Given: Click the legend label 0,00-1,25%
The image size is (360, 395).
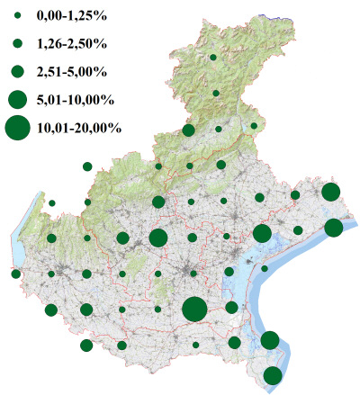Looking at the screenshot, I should tap(71, 15).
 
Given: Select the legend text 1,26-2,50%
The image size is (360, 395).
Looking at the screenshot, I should tap(71, 43).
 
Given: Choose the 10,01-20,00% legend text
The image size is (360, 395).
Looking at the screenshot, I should tap(79, 128).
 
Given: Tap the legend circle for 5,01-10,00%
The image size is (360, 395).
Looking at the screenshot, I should tap(16, 98).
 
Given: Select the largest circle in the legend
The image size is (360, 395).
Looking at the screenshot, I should tap(16, 128).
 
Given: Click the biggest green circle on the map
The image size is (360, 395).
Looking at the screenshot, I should tap(194, 310).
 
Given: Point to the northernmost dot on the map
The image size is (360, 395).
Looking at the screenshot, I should tap(213, 57).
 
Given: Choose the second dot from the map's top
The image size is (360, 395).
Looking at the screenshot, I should tap(216, 93).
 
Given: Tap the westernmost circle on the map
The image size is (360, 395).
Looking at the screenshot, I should tap(15, 274).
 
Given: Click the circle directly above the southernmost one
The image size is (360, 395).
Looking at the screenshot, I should tap(269, 340).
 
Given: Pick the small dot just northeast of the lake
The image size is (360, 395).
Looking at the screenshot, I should tap(52, 203).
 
